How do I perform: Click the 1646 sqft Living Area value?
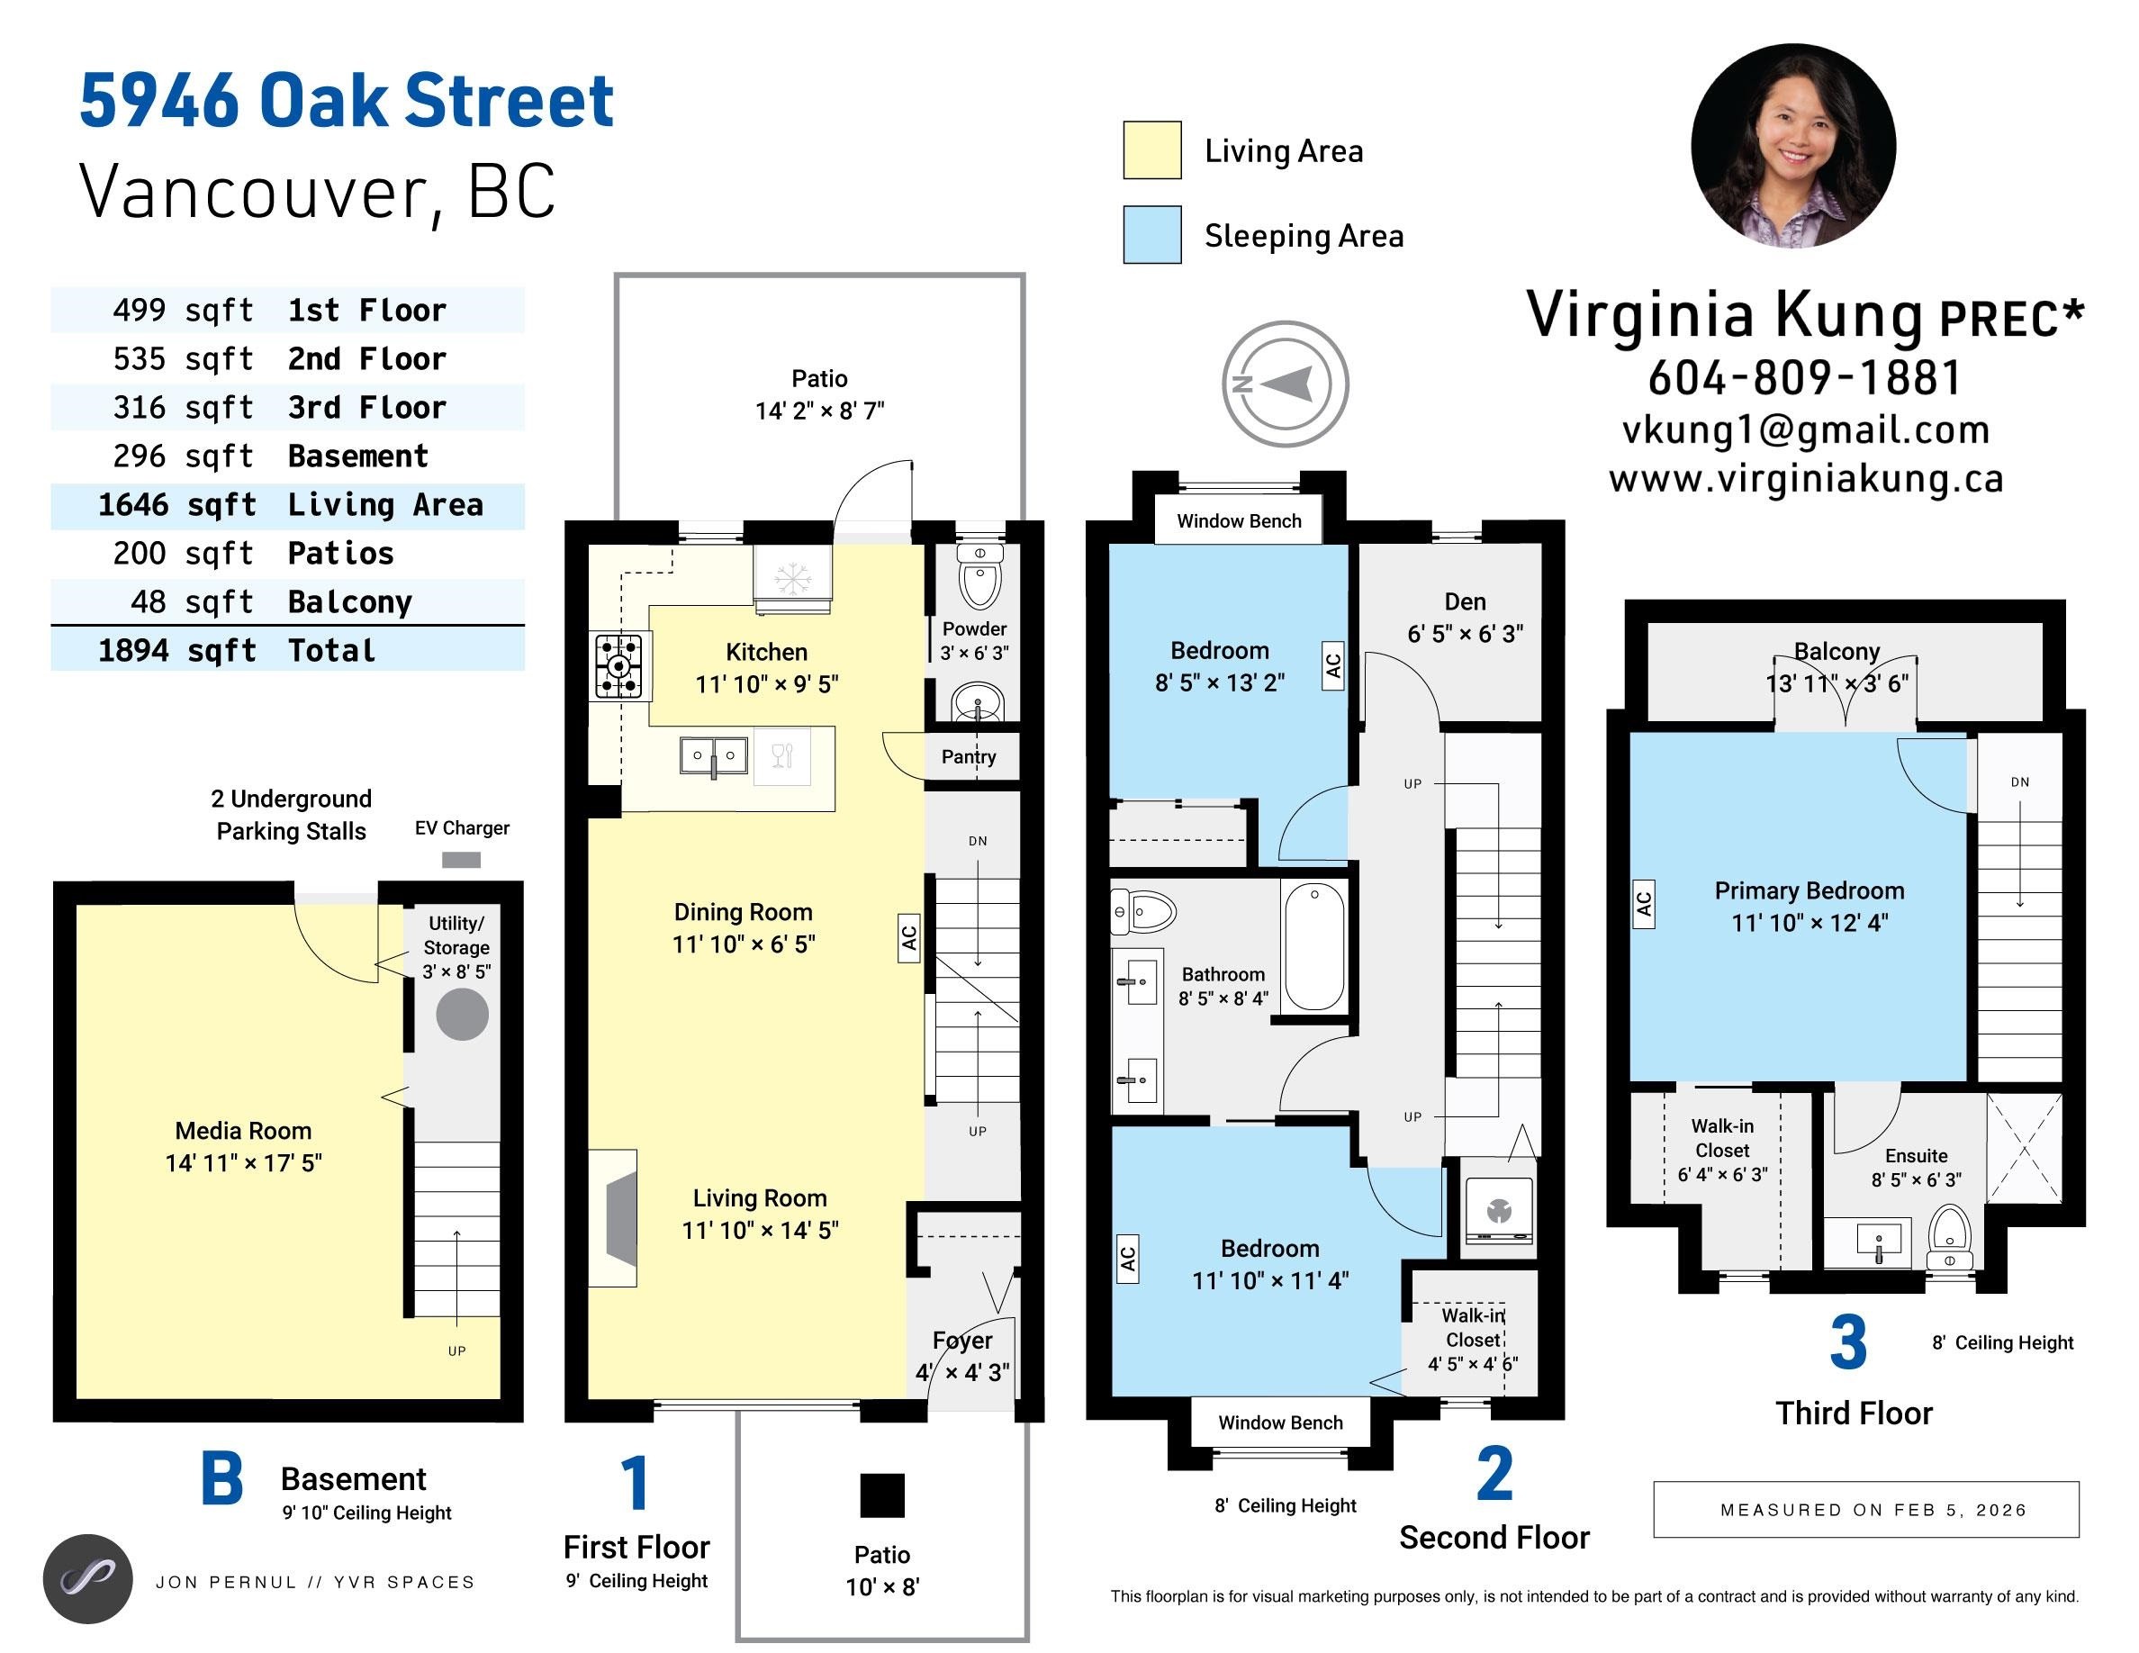coord(176,505)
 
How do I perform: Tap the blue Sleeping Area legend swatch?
coord(1151,234)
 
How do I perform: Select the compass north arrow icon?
coord(1284,384)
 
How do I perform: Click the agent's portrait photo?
coord(1792,146)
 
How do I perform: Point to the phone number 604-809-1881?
coord(1804,378)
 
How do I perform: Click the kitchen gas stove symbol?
coord(619,667)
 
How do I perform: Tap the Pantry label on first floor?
coord(969,756)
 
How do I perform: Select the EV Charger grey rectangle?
coord(461,860)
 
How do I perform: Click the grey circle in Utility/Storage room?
coord(461,1014)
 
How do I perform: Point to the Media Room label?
coord(243,1131)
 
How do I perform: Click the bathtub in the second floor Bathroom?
coord(1313,946)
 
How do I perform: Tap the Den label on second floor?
coord(1464,601)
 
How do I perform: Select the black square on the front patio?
coord(881,1495)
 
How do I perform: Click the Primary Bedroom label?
coord(1809,890)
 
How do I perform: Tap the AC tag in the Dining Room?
coord(909,938)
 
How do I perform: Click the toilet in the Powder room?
coord(979,578)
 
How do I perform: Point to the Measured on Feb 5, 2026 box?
coord(1864,1509)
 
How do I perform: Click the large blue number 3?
coord(1847,1343)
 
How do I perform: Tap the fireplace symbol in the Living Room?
coord(615,1217)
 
